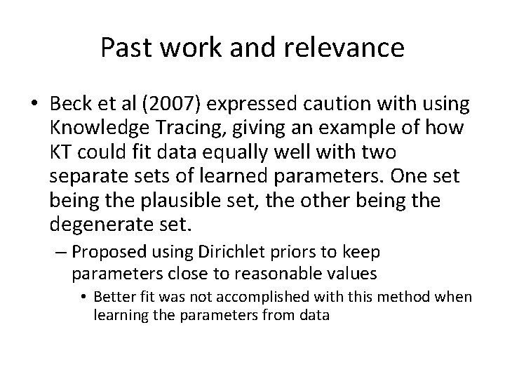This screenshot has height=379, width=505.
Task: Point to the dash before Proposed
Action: tap(62, 251)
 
